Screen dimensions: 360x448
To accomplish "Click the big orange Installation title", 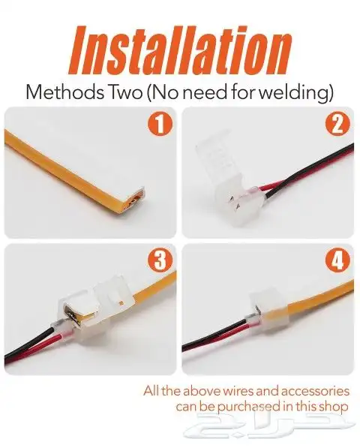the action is (179, 51).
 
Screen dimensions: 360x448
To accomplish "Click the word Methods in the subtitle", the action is (64, 92).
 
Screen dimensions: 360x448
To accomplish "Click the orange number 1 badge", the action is (160, 125).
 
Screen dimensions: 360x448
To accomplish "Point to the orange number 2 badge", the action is (337, 125).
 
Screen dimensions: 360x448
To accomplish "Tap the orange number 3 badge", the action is (160, 261).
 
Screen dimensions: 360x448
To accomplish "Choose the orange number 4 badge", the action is (337, 261).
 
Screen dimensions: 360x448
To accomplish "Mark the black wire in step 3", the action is (28, 343).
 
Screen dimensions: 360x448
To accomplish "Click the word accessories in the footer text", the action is (316, 391).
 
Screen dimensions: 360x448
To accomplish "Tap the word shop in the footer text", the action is (335, 407).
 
